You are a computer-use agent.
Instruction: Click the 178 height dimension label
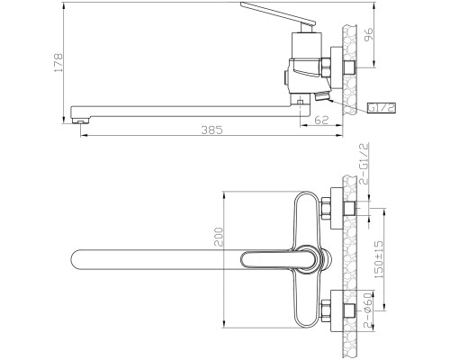click(58, 63)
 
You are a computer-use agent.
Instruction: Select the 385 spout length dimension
click(212, 130)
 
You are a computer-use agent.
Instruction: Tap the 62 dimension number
click(322, 120)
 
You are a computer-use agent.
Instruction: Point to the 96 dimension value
click(368, 34)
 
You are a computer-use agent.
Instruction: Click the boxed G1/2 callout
click(382, 108)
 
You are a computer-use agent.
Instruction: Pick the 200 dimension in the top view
click(220, 237)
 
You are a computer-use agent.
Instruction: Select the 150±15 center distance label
click(379, 259)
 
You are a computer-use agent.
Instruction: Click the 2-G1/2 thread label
click(364, 164)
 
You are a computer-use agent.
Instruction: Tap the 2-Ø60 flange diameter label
click(368, 310)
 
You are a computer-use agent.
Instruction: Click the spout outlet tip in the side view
click(80, 121)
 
